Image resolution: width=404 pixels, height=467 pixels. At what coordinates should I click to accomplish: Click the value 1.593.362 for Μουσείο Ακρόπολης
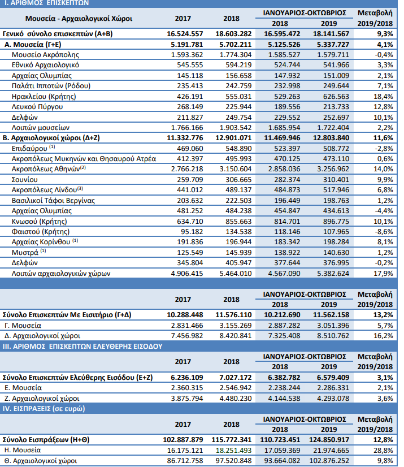[187, 55]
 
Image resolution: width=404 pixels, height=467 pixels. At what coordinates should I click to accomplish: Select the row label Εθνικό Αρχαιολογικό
[45, 65]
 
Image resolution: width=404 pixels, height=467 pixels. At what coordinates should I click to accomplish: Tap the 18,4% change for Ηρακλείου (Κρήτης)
[384, 97]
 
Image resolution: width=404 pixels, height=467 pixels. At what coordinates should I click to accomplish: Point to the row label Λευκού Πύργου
[37, 107]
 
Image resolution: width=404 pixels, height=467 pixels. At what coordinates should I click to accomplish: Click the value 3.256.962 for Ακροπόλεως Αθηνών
[333, 169]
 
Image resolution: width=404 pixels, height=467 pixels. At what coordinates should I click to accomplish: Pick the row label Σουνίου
[25, 180]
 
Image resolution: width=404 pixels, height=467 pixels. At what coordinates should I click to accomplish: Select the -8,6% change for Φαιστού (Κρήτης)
[384, 232]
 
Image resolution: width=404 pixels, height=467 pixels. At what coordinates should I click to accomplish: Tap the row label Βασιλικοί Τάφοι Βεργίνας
[53, 201]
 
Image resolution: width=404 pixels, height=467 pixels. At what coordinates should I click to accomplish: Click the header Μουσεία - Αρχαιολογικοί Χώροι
[79, 19]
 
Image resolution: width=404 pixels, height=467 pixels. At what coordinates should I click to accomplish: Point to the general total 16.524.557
[185, 34]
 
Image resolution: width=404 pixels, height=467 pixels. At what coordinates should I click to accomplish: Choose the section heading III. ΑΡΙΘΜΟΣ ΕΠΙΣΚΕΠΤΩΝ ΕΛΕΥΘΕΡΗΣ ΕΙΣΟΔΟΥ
[82, 347]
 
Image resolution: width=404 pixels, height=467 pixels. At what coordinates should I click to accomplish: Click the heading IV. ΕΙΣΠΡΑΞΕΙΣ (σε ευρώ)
[44, 409]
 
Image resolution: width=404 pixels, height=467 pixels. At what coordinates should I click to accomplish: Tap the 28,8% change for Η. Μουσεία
[384, 450]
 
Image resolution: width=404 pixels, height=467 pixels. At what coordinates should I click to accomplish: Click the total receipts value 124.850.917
[329, 440]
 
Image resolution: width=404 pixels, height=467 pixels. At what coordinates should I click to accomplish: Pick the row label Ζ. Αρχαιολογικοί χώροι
[42, 398]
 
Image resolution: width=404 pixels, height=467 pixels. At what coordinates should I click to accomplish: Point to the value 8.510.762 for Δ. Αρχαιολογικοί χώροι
[333, 336]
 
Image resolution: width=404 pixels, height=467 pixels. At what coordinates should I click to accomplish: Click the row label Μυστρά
[25, 253]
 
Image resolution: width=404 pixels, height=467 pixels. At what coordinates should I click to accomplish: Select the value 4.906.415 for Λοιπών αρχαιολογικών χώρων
[187, 274]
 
